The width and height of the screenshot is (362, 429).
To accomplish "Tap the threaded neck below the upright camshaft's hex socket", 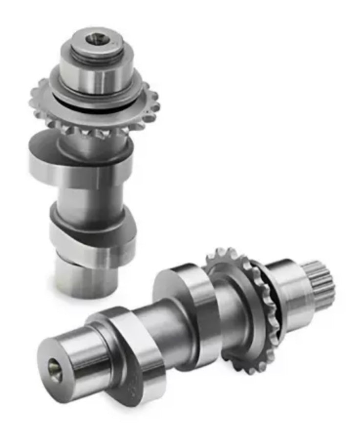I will pyautogui.click(x=92, y=54).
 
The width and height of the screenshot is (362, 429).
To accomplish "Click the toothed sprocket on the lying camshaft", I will pyautogui.click(x=244, y=312).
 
